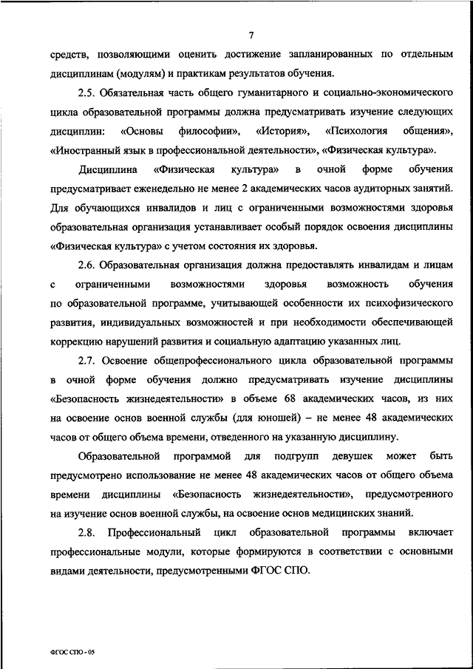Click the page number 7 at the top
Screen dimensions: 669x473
[251, 35]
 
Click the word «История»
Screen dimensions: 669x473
[284, 130]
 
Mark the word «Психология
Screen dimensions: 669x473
[355, 130]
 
